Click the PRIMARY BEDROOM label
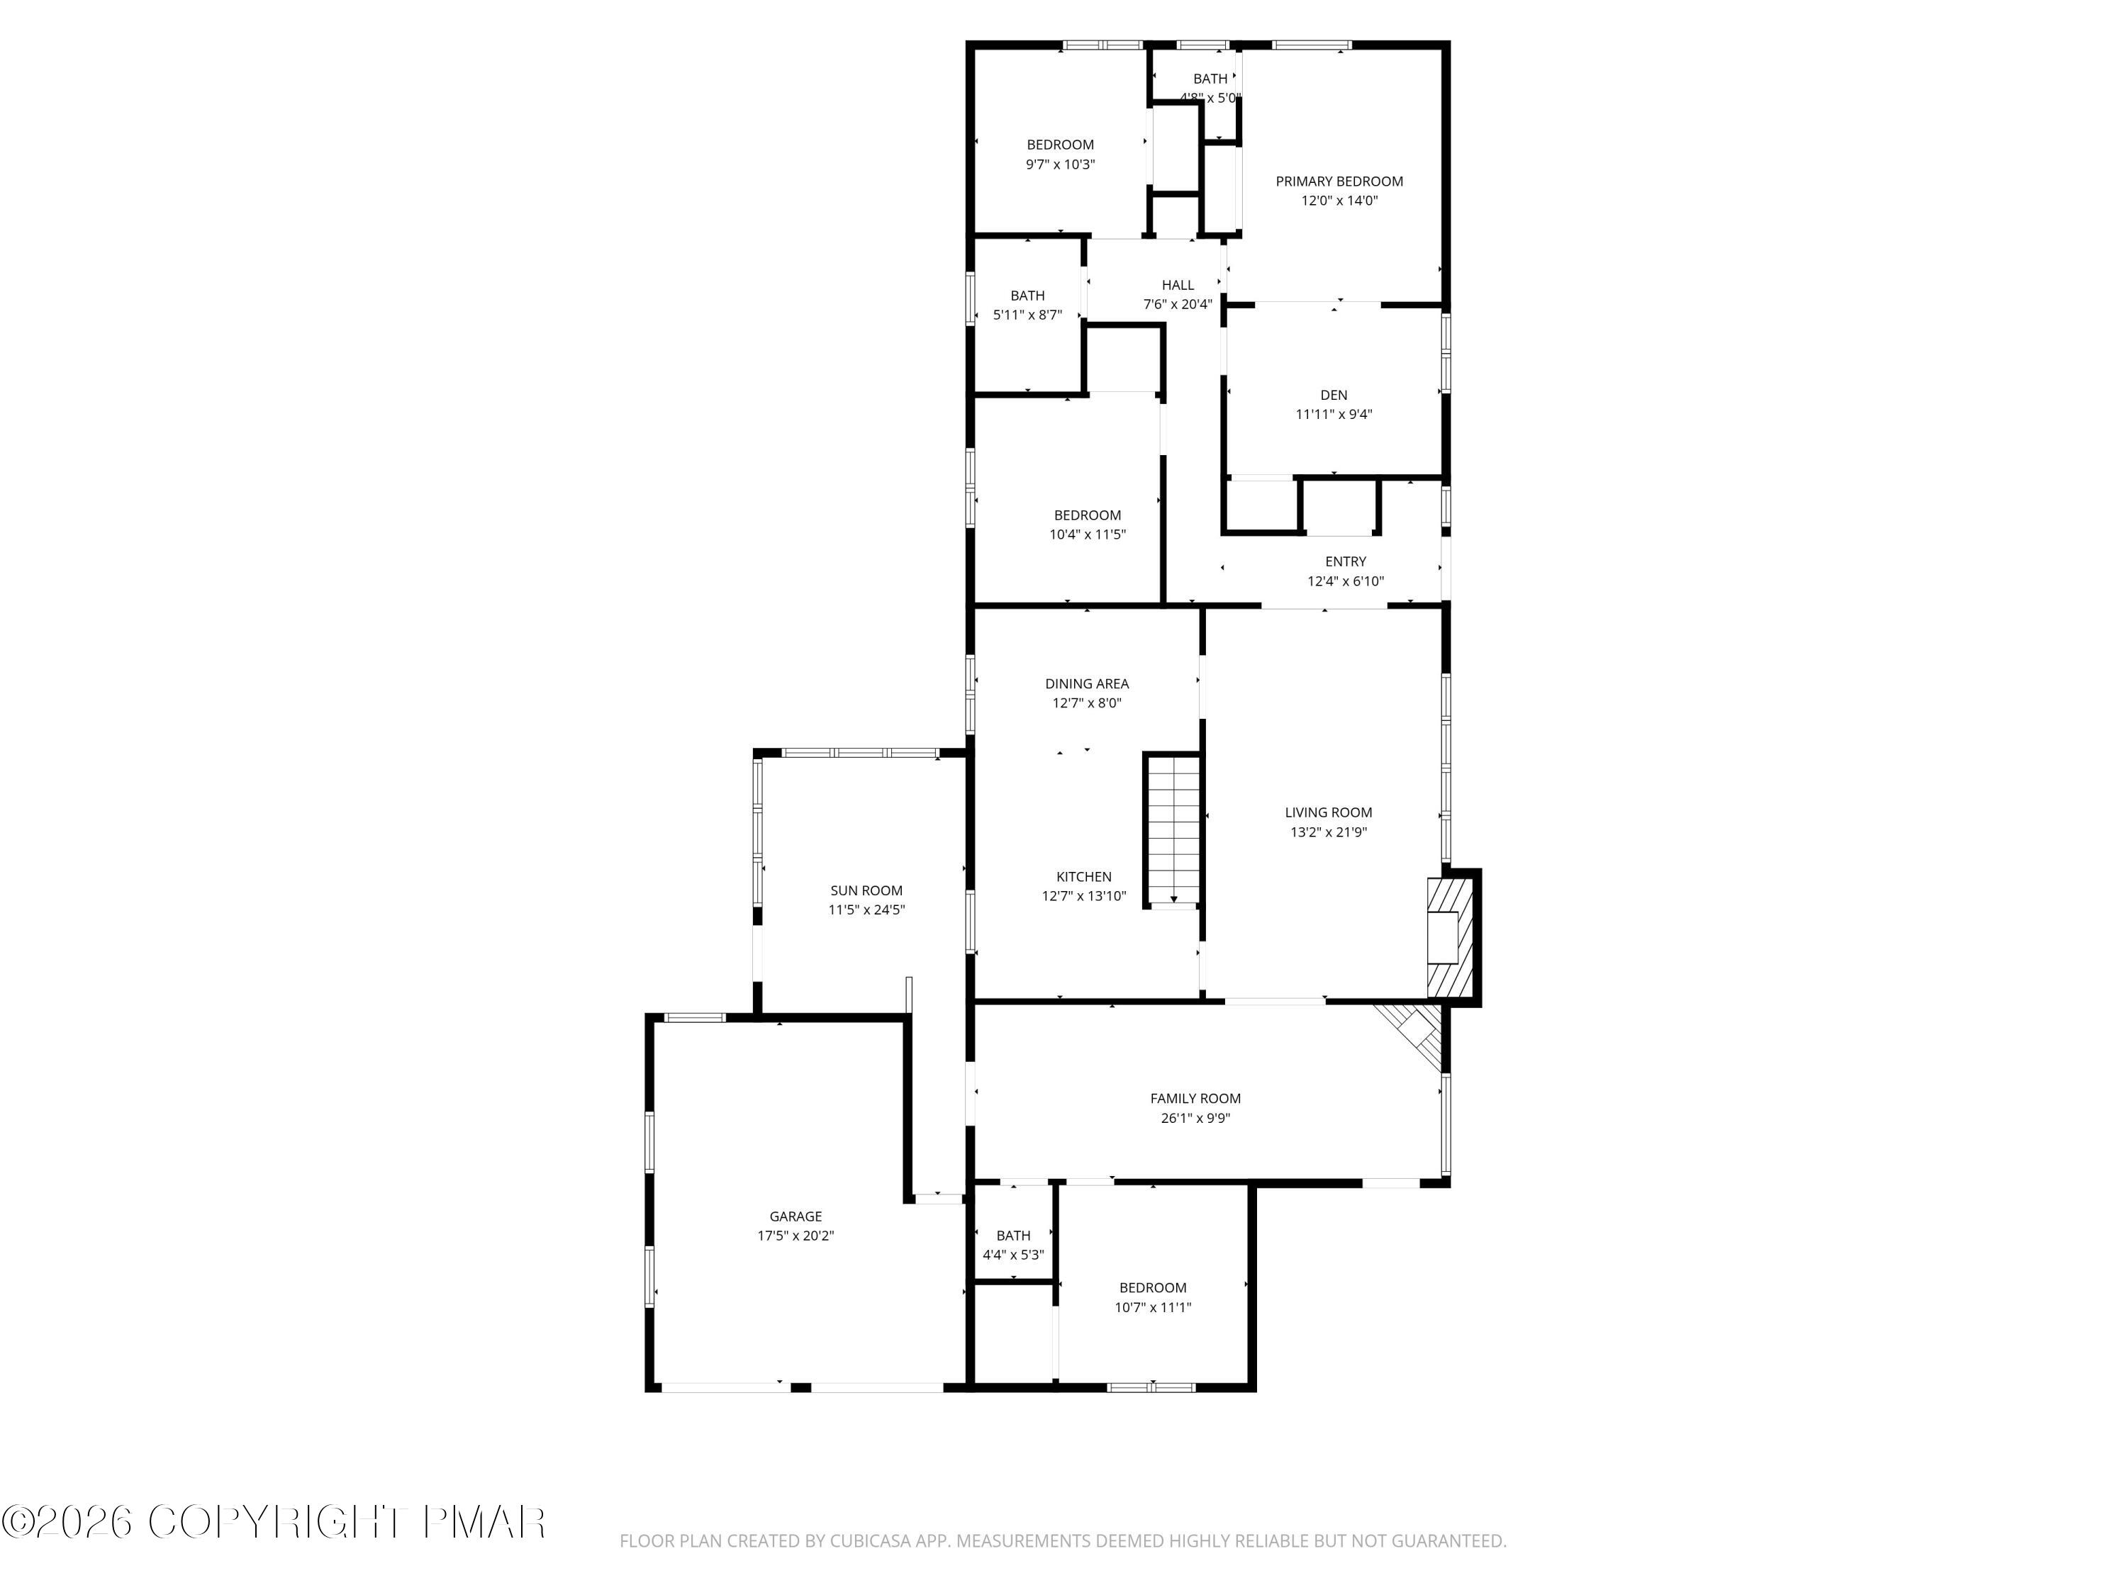tap(1339, 181)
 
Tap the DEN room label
tap(1333, 395)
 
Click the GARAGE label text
tap(795, 1216)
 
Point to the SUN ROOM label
tap(866, 890)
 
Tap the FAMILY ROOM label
tap(1195, 1098)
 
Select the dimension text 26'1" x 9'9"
tap(1195, 1118)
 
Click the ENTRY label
tap(1345, 561)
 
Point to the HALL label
tap(1177, 284)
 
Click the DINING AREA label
tap(1087, 683)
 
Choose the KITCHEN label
tap(1083, 877)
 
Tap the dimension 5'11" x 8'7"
tap(1027, 314)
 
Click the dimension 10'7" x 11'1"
tap(1152, 1307)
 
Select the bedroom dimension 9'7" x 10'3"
tap(1060, 164)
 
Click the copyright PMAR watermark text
tap(274, 1522)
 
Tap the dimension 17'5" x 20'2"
tap(795, 1236)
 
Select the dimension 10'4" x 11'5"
tap(1087, 535)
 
